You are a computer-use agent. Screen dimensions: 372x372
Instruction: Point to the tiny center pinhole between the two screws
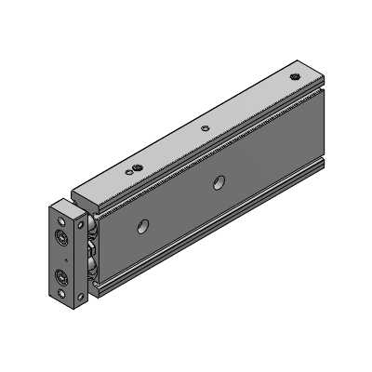61,258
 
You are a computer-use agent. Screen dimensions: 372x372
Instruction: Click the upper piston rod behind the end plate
94,233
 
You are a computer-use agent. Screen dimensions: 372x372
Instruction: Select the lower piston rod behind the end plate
94,270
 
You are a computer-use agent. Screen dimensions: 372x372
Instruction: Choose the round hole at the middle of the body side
219,181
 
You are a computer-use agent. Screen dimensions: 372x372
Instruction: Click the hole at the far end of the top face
296,76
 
